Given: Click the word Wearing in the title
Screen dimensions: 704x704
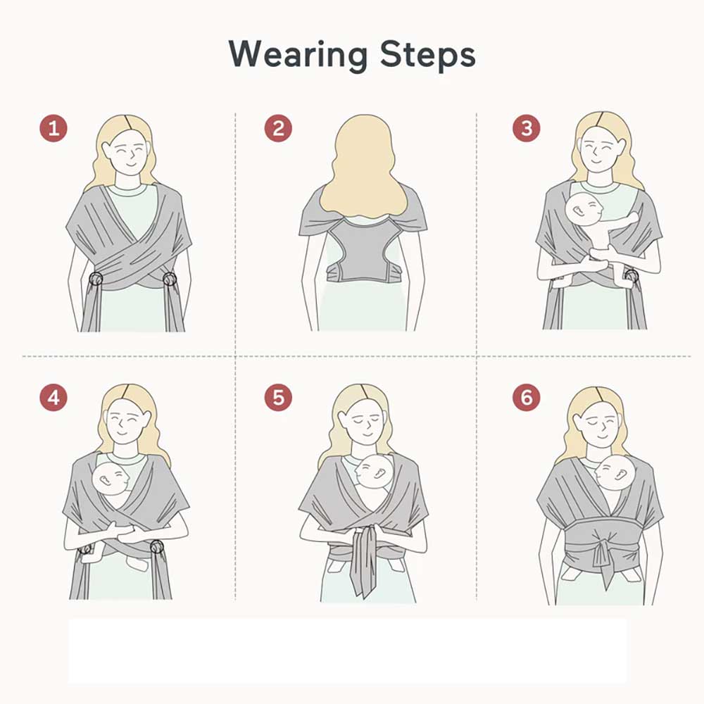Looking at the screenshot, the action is (298, 55).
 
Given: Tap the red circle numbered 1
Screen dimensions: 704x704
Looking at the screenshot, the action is (54, 128).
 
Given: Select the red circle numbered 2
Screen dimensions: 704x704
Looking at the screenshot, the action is (278, 128).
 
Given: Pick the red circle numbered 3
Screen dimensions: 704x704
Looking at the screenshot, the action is (527, 128).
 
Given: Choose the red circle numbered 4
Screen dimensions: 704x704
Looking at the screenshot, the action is (54, 397).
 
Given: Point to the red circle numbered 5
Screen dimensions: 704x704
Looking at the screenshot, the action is (278, 397).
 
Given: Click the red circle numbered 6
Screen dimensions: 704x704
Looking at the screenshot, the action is (527, 397).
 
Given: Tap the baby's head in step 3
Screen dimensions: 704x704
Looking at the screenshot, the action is (584, 209).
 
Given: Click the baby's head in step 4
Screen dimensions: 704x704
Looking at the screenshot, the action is (111, 479).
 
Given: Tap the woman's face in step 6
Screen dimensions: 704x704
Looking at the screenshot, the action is (600, 423).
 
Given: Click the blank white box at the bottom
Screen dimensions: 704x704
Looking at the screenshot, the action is (348, 650).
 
